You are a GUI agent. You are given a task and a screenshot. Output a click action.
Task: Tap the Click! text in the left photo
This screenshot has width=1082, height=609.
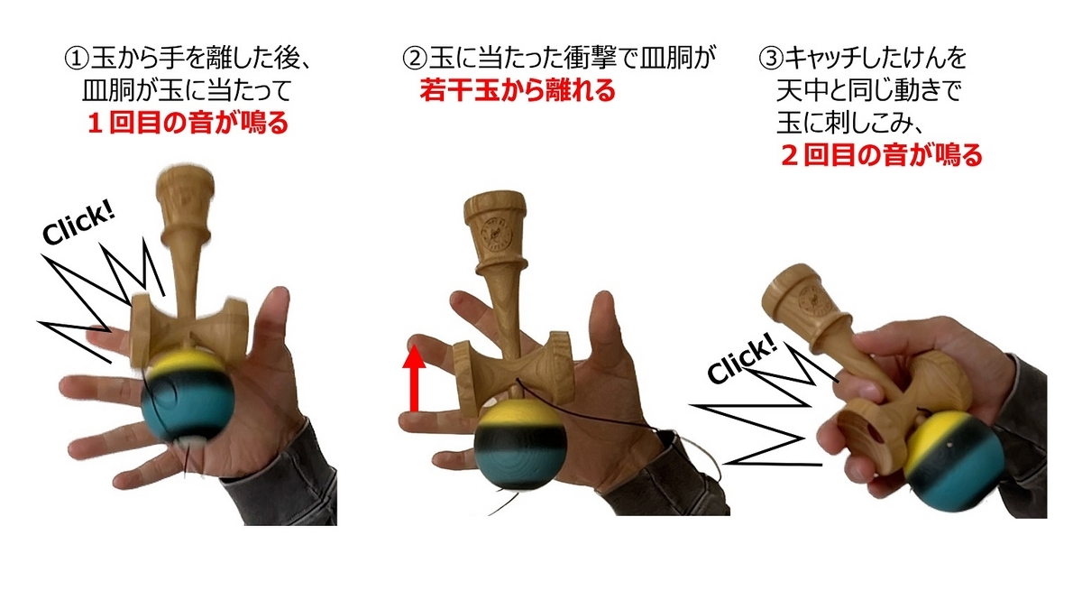78,224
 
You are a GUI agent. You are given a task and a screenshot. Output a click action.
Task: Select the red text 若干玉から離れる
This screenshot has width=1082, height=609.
518,90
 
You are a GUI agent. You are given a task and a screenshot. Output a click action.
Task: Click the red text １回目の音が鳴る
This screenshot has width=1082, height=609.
188,123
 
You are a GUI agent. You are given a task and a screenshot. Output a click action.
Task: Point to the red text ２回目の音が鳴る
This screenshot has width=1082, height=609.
882,155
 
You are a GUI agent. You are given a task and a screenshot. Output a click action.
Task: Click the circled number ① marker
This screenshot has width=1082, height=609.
78,59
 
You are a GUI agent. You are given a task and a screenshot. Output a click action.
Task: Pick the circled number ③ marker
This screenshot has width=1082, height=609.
772,59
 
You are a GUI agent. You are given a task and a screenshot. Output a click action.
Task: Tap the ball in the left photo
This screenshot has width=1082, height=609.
188,394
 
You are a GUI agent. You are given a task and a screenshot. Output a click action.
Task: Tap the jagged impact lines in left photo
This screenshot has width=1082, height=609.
101,300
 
